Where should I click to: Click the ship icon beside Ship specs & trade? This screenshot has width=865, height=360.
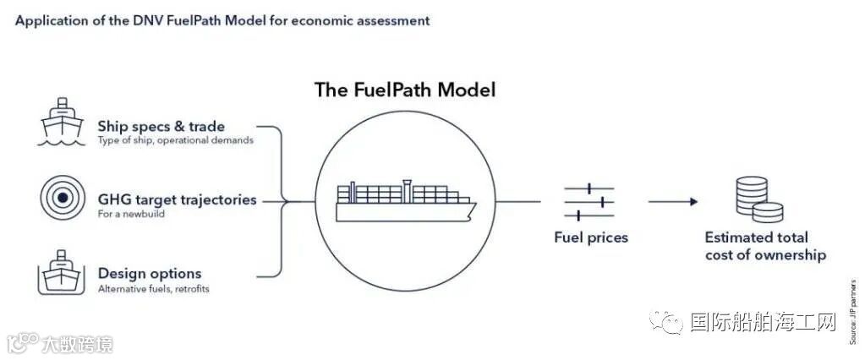pyautogui.click(x=62, y=123)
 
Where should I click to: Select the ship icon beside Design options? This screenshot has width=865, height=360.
pyautogui.click(x=62, y=274)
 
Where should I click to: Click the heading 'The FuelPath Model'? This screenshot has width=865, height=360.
pyautogui.click(x=405, y=90)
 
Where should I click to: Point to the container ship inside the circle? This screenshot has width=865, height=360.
pyautogui.click(x=405, y=200)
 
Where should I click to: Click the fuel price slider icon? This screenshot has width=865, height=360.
pyautogui.click(x=589, y=202)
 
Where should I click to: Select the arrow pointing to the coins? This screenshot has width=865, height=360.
pyautogui.click(x=673, y=202)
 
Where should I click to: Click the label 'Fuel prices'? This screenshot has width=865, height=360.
pyautogui.click(x=591, y=237)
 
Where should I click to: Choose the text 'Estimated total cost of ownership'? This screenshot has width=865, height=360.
pyautogui.click(x=764, y=246)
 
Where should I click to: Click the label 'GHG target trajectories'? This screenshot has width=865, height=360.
pyautogui.click(x=177, y=200)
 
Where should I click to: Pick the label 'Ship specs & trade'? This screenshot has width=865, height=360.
pyautogui.click(x=162, y=127)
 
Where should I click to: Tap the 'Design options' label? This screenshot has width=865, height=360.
pyautogui.click(x=150, y=273)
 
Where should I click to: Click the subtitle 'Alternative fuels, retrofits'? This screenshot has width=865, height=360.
pyautogui.click(x=154, y=289)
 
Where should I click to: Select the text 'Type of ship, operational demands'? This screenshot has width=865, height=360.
pyautogui.click(x=175, y=141)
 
